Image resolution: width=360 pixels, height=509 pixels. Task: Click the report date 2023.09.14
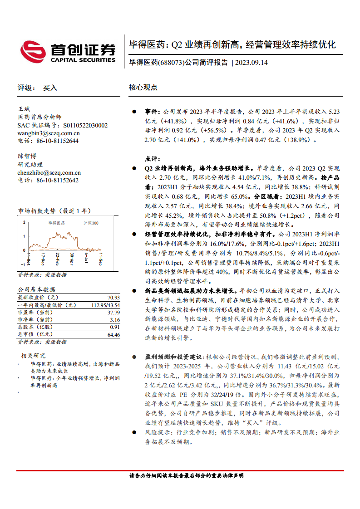pos(252,63)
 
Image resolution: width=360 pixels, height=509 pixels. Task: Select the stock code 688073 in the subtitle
pos(171,63)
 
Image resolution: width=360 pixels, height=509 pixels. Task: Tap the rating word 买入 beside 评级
pos(50,88)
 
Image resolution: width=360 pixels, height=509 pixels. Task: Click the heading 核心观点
pos(143,88)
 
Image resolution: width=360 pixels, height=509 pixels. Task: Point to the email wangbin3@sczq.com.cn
pos(49,133)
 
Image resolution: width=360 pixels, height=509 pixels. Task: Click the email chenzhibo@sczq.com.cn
pos(49,172)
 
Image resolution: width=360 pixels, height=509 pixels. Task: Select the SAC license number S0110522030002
pos(85,125)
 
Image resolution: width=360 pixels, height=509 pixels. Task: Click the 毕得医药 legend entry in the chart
pos(57,223)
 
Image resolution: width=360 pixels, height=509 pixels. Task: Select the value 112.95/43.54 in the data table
pos(106,305)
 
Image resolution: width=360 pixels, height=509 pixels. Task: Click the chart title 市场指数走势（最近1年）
pos(54,210)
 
